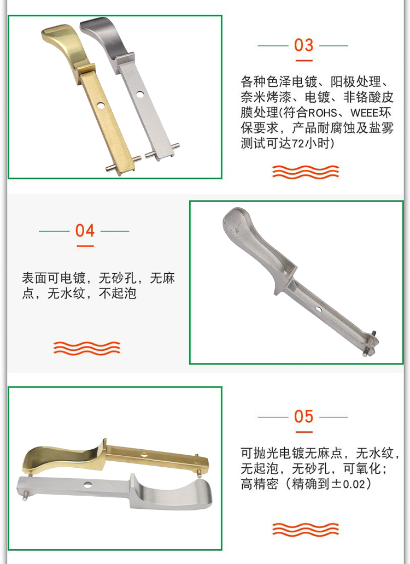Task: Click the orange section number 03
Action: tap(303, 45)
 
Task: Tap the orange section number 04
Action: tap(85, 231)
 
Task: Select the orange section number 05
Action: tap(303, 417)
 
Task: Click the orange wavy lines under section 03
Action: tap(306, 172)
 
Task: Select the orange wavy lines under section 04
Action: tap(86, 348)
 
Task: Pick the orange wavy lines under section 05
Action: tap(306, 528)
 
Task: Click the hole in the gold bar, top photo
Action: tap(101, 104)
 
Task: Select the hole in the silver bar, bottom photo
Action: tap(88, 484)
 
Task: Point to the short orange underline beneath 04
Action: tap(85, 246)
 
